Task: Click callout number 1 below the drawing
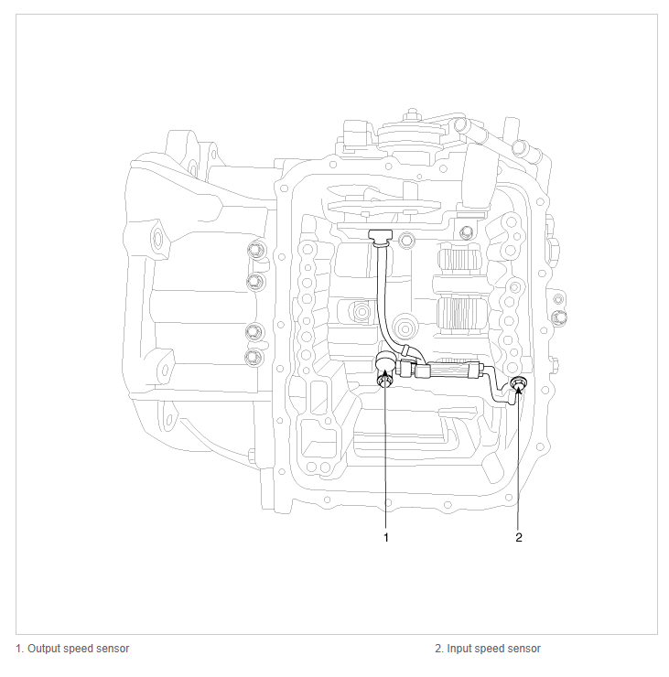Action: coord(386,537)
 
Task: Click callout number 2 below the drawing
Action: coord(518,537)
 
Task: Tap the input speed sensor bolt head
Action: coord(519,386)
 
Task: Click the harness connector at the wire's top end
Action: coord(379,238)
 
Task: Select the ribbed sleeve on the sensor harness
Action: coord(454,371)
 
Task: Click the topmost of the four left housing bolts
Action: coord(254,250)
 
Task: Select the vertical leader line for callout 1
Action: coord(386,457)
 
